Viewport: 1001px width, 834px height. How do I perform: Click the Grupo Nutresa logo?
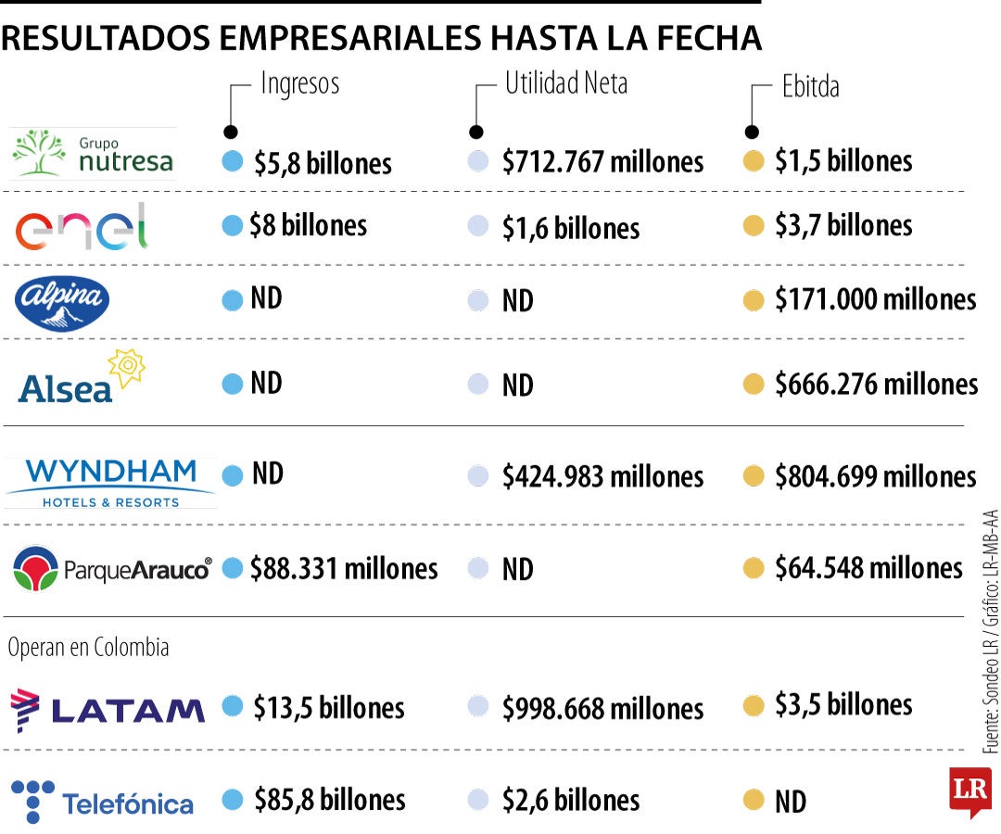(93, 154)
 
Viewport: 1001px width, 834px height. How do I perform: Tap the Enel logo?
(82, 226)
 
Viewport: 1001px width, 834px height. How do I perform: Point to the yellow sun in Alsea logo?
(127, 368)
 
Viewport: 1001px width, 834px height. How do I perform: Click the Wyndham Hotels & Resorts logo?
(110, 483)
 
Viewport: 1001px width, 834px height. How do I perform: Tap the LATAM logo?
(108, 709)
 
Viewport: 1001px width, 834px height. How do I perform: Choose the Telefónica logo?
(102, 802)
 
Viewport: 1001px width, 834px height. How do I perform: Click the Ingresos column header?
(299, 83)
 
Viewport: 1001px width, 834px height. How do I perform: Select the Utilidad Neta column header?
(565, 83)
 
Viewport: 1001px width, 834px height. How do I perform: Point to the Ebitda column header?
(809, 86)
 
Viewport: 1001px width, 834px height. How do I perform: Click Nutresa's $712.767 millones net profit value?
(602, 162)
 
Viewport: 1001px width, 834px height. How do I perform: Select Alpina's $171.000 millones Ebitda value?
(875, 299)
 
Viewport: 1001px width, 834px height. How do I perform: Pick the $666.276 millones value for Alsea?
(876, 384)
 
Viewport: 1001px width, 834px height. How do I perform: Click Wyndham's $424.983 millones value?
(602, 476)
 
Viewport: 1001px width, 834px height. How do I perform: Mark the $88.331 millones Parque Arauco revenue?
(343, 568)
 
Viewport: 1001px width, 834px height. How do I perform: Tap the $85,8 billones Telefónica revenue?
(329, 800)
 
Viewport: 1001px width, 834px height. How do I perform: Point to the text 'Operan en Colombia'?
(88, 648)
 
